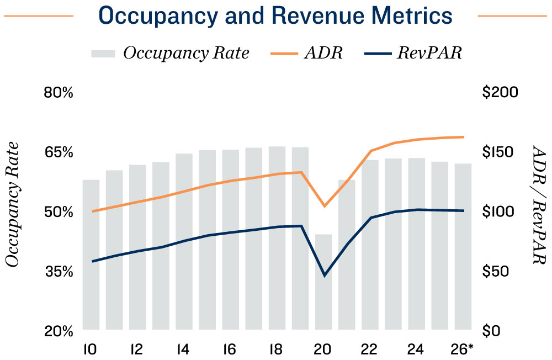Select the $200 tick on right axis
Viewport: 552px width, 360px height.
[500, 92]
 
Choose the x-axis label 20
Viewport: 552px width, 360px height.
[322, 350]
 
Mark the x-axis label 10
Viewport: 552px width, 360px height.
[91, 350]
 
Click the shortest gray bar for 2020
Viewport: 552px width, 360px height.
[323, 282]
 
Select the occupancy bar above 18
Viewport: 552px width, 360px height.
[277, 237]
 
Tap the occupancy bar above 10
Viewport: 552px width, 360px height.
[91, 254]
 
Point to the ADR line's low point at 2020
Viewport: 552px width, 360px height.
[324, 206]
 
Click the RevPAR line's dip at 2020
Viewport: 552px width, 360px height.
[324, 275]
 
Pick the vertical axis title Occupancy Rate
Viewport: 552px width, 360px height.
[14, 204]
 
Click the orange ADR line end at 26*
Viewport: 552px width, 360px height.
[463, 137]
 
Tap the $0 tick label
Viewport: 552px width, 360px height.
[492, 331]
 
